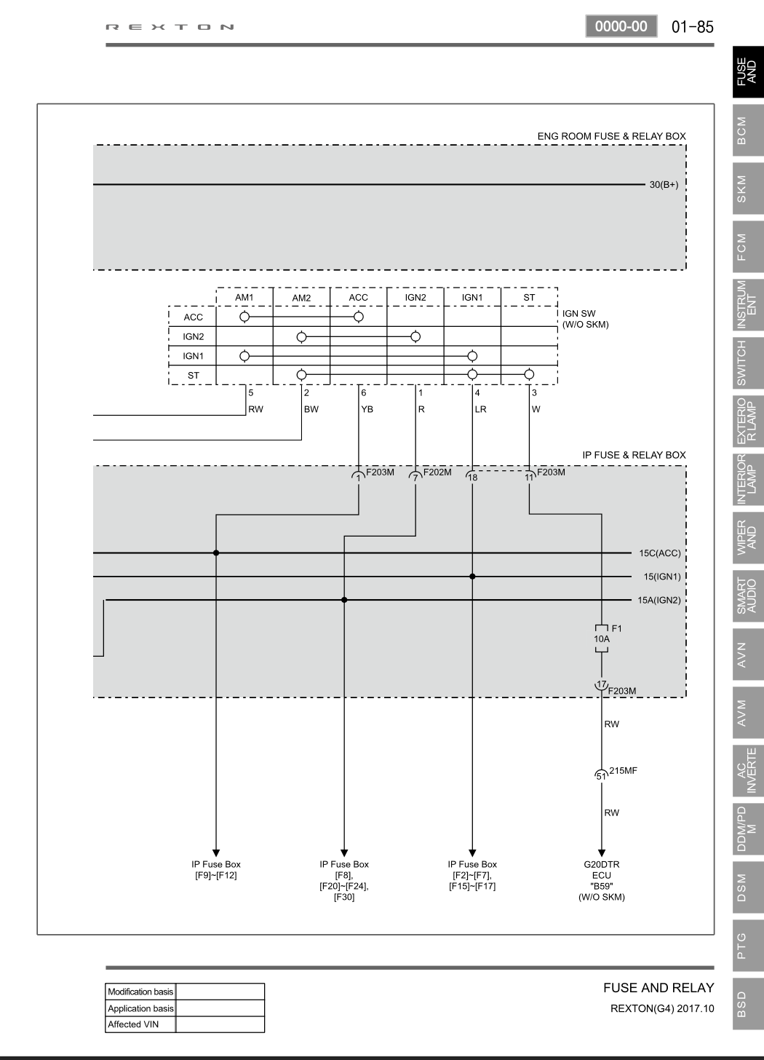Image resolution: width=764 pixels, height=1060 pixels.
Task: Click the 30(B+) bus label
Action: [x=664, y=185]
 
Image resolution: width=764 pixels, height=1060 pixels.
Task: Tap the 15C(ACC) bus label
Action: [x=660, y=553]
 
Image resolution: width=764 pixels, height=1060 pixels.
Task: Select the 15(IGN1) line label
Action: [x=662, y=577]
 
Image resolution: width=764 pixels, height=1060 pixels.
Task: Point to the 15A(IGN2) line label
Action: [x=659, y=600]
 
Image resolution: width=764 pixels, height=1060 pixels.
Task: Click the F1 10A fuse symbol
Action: [x=602, y=638]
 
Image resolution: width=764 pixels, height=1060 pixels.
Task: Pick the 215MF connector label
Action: [x=623, y=770]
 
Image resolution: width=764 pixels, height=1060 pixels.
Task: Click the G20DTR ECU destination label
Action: [x=602, y=880]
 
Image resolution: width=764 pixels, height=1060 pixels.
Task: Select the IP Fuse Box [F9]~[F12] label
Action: [x=216, y=870]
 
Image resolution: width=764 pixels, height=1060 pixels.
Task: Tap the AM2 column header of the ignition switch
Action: [x=301, y=298]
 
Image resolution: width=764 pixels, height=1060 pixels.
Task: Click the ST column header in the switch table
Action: [x=529, y=297]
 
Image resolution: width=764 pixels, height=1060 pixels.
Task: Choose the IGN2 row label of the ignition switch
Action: [x=193, y=336]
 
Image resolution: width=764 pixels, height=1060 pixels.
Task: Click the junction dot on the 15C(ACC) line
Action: [x=216, y=553]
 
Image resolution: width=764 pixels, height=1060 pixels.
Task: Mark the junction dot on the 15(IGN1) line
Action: [x=472, y=577]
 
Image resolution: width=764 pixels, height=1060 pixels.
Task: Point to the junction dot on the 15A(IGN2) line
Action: [x=344, y=600]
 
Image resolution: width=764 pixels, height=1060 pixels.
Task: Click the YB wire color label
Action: [x=367, y=409]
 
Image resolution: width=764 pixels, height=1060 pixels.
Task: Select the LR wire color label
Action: [x=481, y=409]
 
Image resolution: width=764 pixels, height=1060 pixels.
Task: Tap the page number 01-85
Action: [x=693, y=26]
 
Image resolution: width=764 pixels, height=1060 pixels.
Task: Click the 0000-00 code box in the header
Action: [x=621, y=26]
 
